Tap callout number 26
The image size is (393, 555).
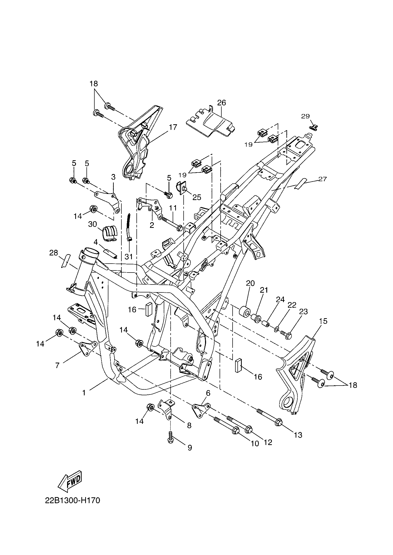[222, 103]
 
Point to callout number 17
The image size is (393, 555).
[173, 127]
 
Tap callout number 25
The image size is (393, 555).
[197, 197]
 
